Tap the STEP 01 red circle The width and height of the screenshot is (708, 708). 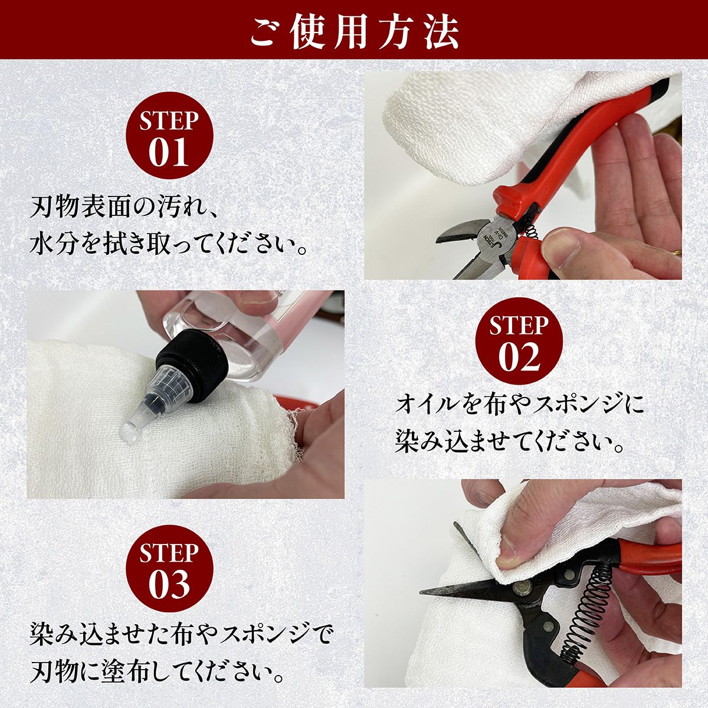tap(169, 136)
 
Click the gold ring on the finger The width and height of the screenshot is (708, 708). tap(676, 253)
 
